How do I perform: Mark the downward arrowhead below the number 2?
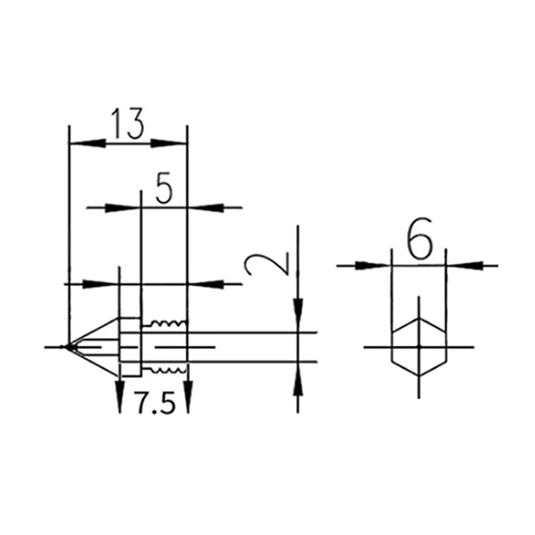(298, 313)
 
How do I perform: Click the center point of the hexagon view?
(418, 346)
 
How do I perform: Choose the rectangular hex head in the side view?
(130, 347)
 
